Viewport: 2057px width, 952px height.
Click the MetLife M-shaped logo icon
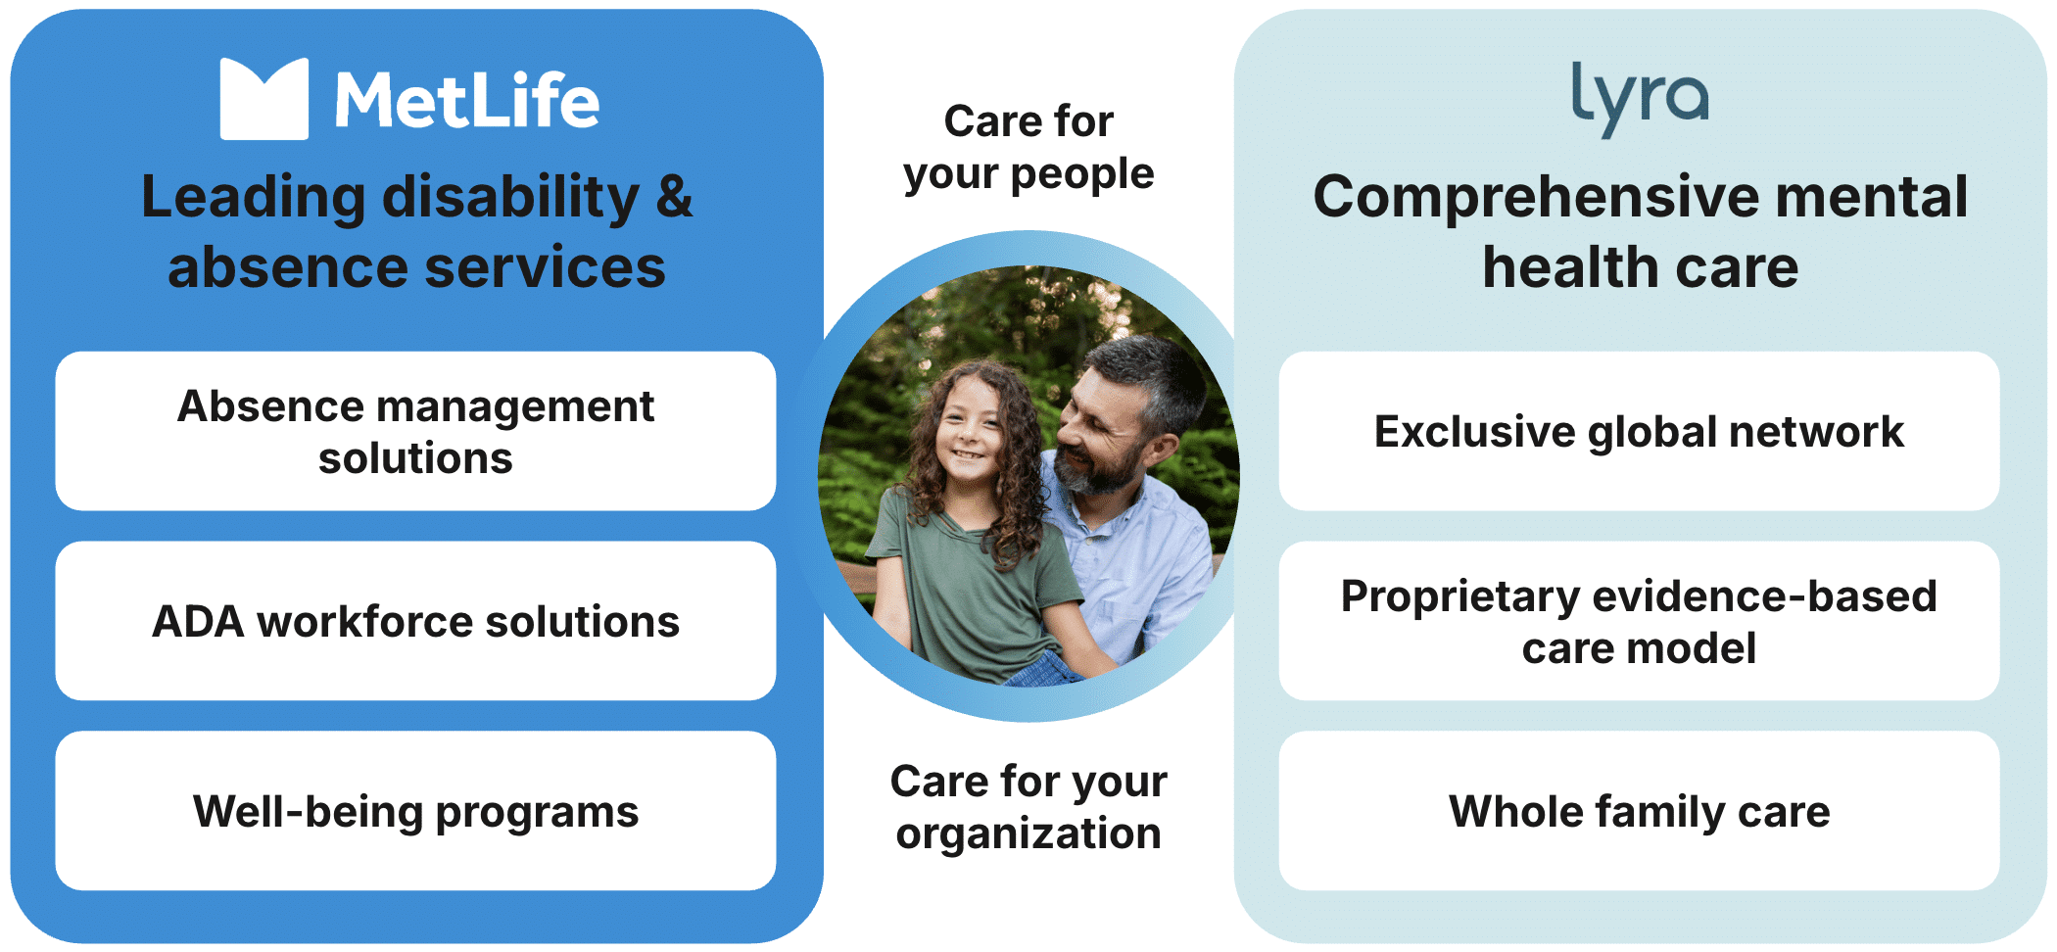[x=264, y=99]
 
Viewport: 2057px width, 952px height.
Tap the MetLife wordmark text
[x=467, y=100]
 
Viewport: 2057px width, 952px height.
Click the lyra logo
[x=1641, y=98]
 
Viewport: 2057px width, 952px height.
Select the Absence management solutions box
[x=415, y=431]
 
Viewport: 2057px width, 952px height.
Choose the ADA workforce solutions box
[x=415, y=621]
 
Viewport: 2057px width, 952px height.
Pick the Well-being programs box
[x=415, y=811]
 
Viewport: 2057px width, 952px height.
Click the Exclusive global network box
[x=1639, y=431]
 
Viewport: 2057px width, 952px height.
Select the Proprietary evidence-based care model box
[x=1639, y=621]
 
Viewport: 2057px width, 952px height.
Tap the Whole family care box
[x=1639, y=811]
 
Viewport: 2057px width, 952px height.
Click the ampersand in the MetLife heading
[x=674, y=197]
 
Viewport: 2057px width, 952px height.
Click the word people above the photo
[x=1082, y=175]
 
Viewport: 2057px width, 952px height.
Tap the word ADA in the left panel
[x=198, y=622]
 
